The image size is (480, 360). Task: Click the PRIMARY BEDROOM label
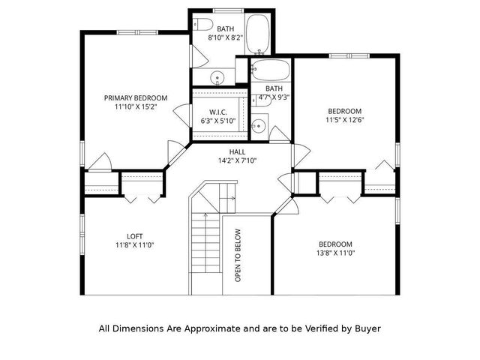135,98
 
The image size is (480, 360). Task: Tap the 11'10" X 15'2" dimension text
135,108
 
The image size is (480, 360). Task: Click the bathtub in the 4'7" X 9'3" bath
271,72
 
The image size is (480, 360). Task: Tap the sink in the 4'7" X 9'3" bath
257,126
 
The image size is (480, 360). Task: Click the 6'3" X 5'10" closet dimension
217,121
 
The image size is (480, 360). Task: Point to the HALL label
237,151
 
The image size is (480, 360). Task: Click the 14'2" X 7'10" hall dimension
237,160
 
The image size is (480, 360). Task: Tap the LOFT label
135,236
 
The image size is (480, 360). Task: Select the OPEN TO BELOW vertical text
238,255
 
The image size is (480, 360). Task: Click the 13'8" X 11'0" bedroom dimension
335,253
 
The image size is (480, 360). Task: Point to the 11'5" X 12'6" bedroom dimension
344,119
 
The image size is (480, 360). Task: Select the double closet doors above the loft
142,197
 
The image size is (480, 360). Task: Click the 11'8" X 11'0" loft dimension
135,245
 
